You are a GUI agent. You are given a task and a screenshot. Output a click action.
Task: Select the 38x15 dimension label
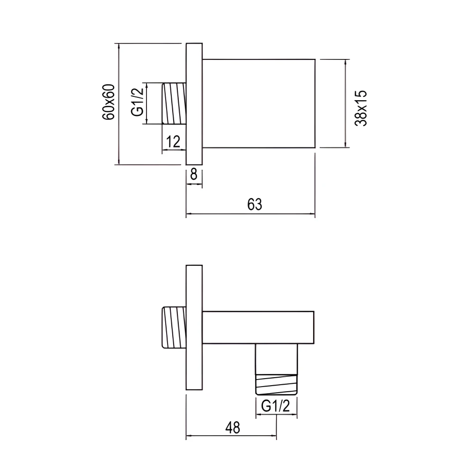tap(361, 108)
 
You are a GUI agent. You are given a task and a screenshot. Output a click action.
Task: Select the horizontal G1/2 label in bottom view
tap(276, 406)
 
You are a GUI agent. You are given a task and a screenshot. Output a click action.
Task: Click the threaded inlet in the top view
tap(174, 104)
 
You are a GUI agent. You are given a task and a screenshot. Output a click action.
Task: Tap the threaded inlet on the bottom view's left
tap(174, 328)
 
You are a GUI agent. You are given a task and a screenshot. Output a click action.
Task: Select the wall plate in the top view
tap(194, 104)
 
